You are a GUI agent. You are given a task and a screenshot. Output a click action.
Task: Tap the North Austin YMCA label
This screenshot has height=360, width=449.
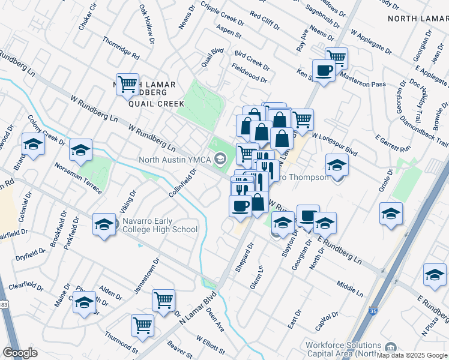tap(176, 160)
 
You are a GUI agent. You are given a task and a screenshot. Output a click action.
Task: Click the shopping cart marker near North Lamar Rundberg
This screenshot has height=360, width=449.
tap(127, 85)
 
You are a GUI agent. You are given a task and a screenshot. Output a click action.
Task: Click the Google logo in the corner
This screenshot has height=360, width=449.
tap(20, 353)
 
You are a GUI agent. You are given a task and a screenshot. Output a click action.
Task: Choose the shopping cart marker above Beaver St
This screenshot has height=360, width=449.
tap(143, 325)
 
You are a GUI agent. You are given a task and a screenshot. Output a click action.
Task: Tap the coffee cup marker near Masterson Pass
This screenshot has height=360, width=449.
tap(324, 70)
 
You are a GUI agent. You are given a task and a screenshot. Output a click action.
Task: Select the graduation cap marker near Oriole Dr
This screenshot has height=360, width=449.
tap(391, 214)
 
